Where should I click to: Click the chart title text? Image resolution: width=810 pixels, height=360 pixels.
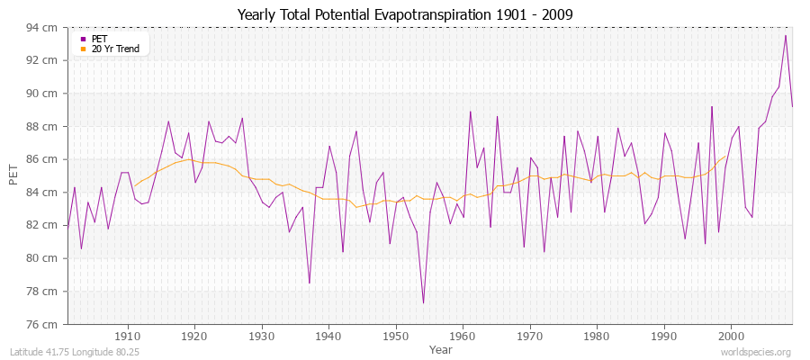(x=405, y=14)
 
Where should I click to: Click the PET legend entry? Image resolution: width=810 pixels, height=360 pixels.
(x=99, y=39)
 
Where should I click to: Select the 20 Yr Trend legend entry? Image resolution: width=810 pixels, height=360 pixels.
(x=115, y=49)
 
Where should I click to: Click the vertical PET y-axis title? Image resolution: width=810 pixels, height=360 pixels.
(x=13, y=175)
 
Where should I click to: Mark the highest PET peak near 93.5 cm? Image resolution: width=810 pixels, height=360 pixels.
(x=786, y=36)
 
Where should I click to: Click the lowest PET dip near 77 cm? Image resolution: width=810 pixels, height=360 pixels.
(x=423, y=302)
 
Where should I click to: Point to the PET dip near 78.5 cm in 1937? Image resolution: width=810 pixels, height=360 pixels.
(x=309, y=283)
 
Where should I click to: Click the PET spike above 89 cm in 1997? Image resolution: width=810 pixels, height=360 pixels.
(x=712, y=106)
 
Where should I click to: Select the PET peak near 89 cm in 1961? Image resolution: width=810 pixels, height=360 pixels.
(x=470, y=112)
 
